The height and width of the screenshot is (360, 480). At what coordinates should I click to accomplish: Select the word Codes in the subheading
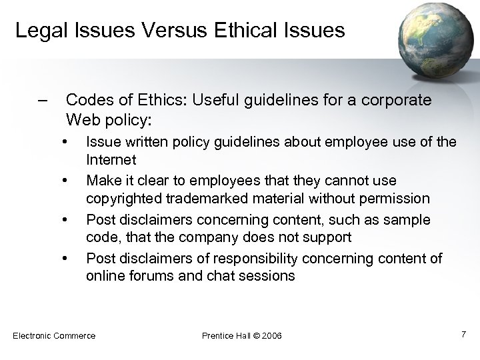(x=87, y=101)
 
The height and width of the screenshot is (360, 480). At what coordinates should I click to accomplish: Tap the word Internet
(x=111, y=160)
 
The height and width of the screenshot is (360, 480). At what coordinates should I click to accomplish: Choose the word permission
(x=397, y=199)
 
